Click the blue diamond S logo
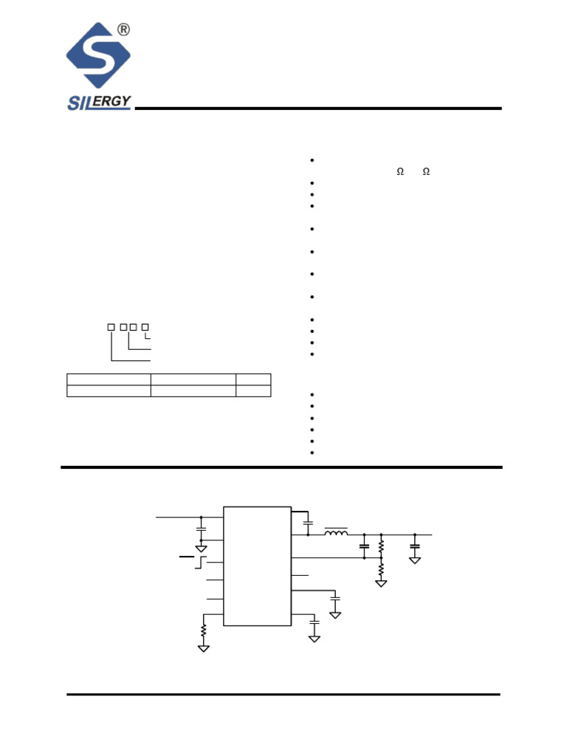[x=98, y=55]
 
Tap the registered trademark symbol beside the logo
[x=123, y=30]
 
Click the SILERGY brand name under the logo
[x=99, y=102]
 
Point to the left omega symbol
[x=400, y=171]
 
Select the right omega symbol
[x=426, y=171]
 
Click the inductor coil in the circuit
[x=336, y=532]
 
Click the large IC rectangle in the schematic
[x=258, y=566]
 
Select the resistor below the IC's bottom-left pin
[x=204, y=630]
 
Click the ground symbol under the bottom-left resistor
[x=204, y=648]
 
